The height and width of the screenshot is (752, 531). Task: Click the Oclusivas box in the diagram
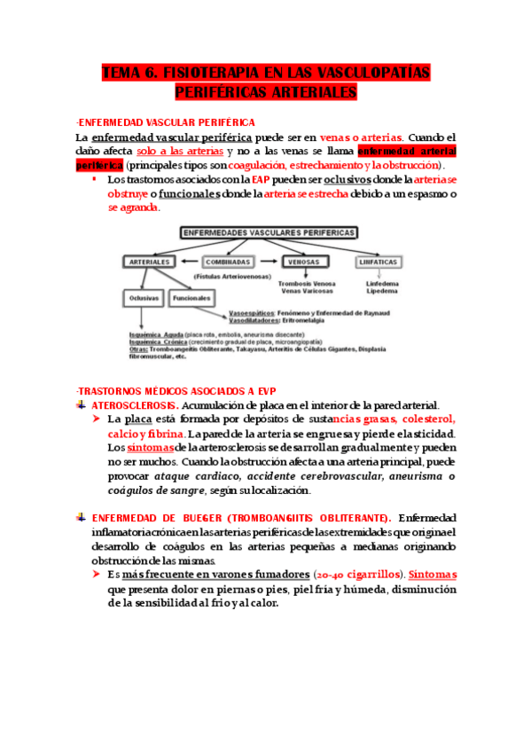point(144,298)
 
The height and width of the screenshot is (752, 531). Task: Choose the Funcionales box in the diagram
point(191,298)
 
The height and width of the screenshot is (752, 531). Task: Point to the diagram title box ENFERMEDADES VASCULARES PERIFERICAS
point(269,232)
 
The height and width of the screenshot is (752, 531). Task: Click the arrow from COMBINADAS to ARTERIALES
point(188,262)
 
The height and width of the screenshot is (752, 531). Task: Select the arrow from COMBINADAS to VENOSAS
point(269,262)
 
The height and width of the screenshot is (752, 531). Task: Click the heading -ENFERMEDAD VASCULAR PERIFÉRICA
point(166,121)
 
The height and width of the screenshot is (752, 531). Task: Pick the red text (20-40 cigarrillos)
point(353,574)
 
